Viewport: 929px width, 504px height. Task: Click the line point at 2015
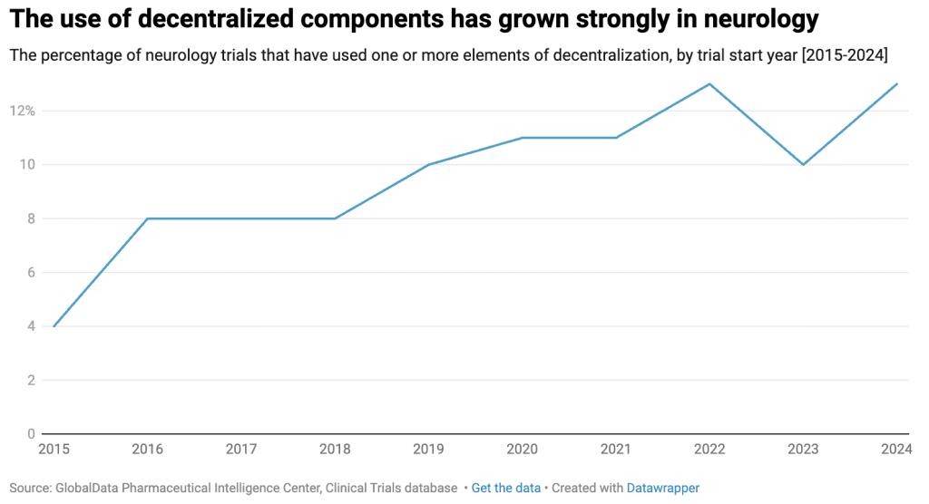(x=54, y=326)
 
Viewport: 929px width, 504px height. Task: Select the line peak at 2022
(x=709, y=84)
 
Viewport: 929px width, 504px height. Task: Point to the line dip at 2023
(x=803, y=164)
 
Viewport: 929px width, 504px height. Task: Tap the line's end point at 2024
(x=897, y=84)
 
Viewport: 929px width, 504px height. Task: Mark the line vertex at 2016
(x=148, y=218)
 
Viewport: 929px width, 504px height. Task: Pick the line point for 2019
(x=428, y=164)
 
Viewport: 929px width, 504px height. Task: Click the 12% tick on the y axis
(x=22, y=111)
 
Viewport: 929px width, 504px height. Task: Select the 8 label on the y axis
(x=30, y=218)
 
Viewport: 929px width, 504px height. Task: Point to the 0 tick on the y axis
(x=30, y=433)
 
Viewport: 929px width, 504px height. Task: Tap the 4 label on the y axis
(x=30, y=326)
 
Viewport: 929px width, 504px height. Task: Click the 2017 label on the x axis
(x=241, y=449)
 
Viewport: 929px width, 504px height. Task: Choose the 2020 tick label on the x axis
(x=522, y=449)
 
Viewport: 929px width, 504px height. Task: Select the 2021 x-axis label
(x=616, y=449)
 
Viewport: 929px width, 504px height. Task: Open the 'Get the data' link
(x=505, y=488)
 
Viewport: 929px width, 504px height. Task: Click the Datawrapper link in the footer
(x=662, y=488)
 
